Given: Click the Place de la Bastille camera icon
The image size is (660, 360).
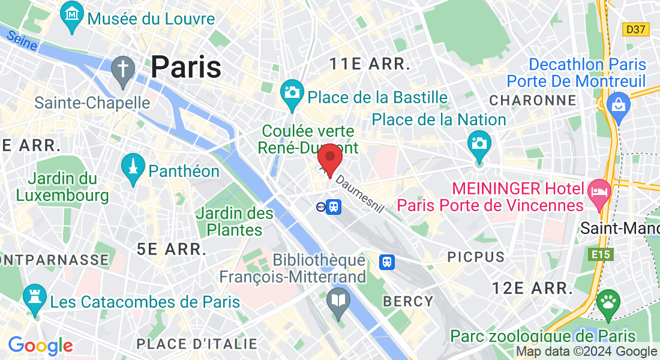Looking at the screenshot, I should click(292, 94).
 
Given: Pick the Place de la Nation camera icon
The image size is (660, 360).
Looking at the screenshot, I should click(479, 145).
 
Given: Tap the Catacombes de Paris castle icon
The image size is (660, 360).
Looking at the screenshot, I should click(34, 298).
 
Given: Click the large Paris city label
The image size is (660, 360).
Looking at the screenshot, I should click(186, 67).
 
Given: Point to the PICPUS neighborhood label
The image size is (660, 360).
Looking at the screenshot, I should click(476, 257).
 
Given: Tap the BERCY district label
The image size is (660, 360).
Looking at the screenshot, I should click(408, 301).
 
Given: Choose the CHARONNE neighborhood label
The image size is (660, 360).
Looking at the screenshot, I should click(533, 100).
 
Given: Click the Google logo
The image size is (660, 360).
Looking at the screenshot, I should click(40, 346).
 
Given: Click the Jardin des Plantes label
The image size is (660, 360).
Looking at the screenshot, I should click(235, 221).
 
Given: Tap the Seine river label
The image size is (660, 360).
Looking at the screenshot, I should click(22, 41).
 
